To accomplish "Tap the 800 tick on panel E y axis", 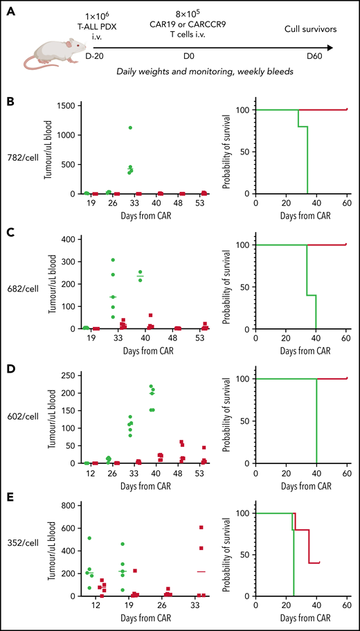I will [x=66, y=505].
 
